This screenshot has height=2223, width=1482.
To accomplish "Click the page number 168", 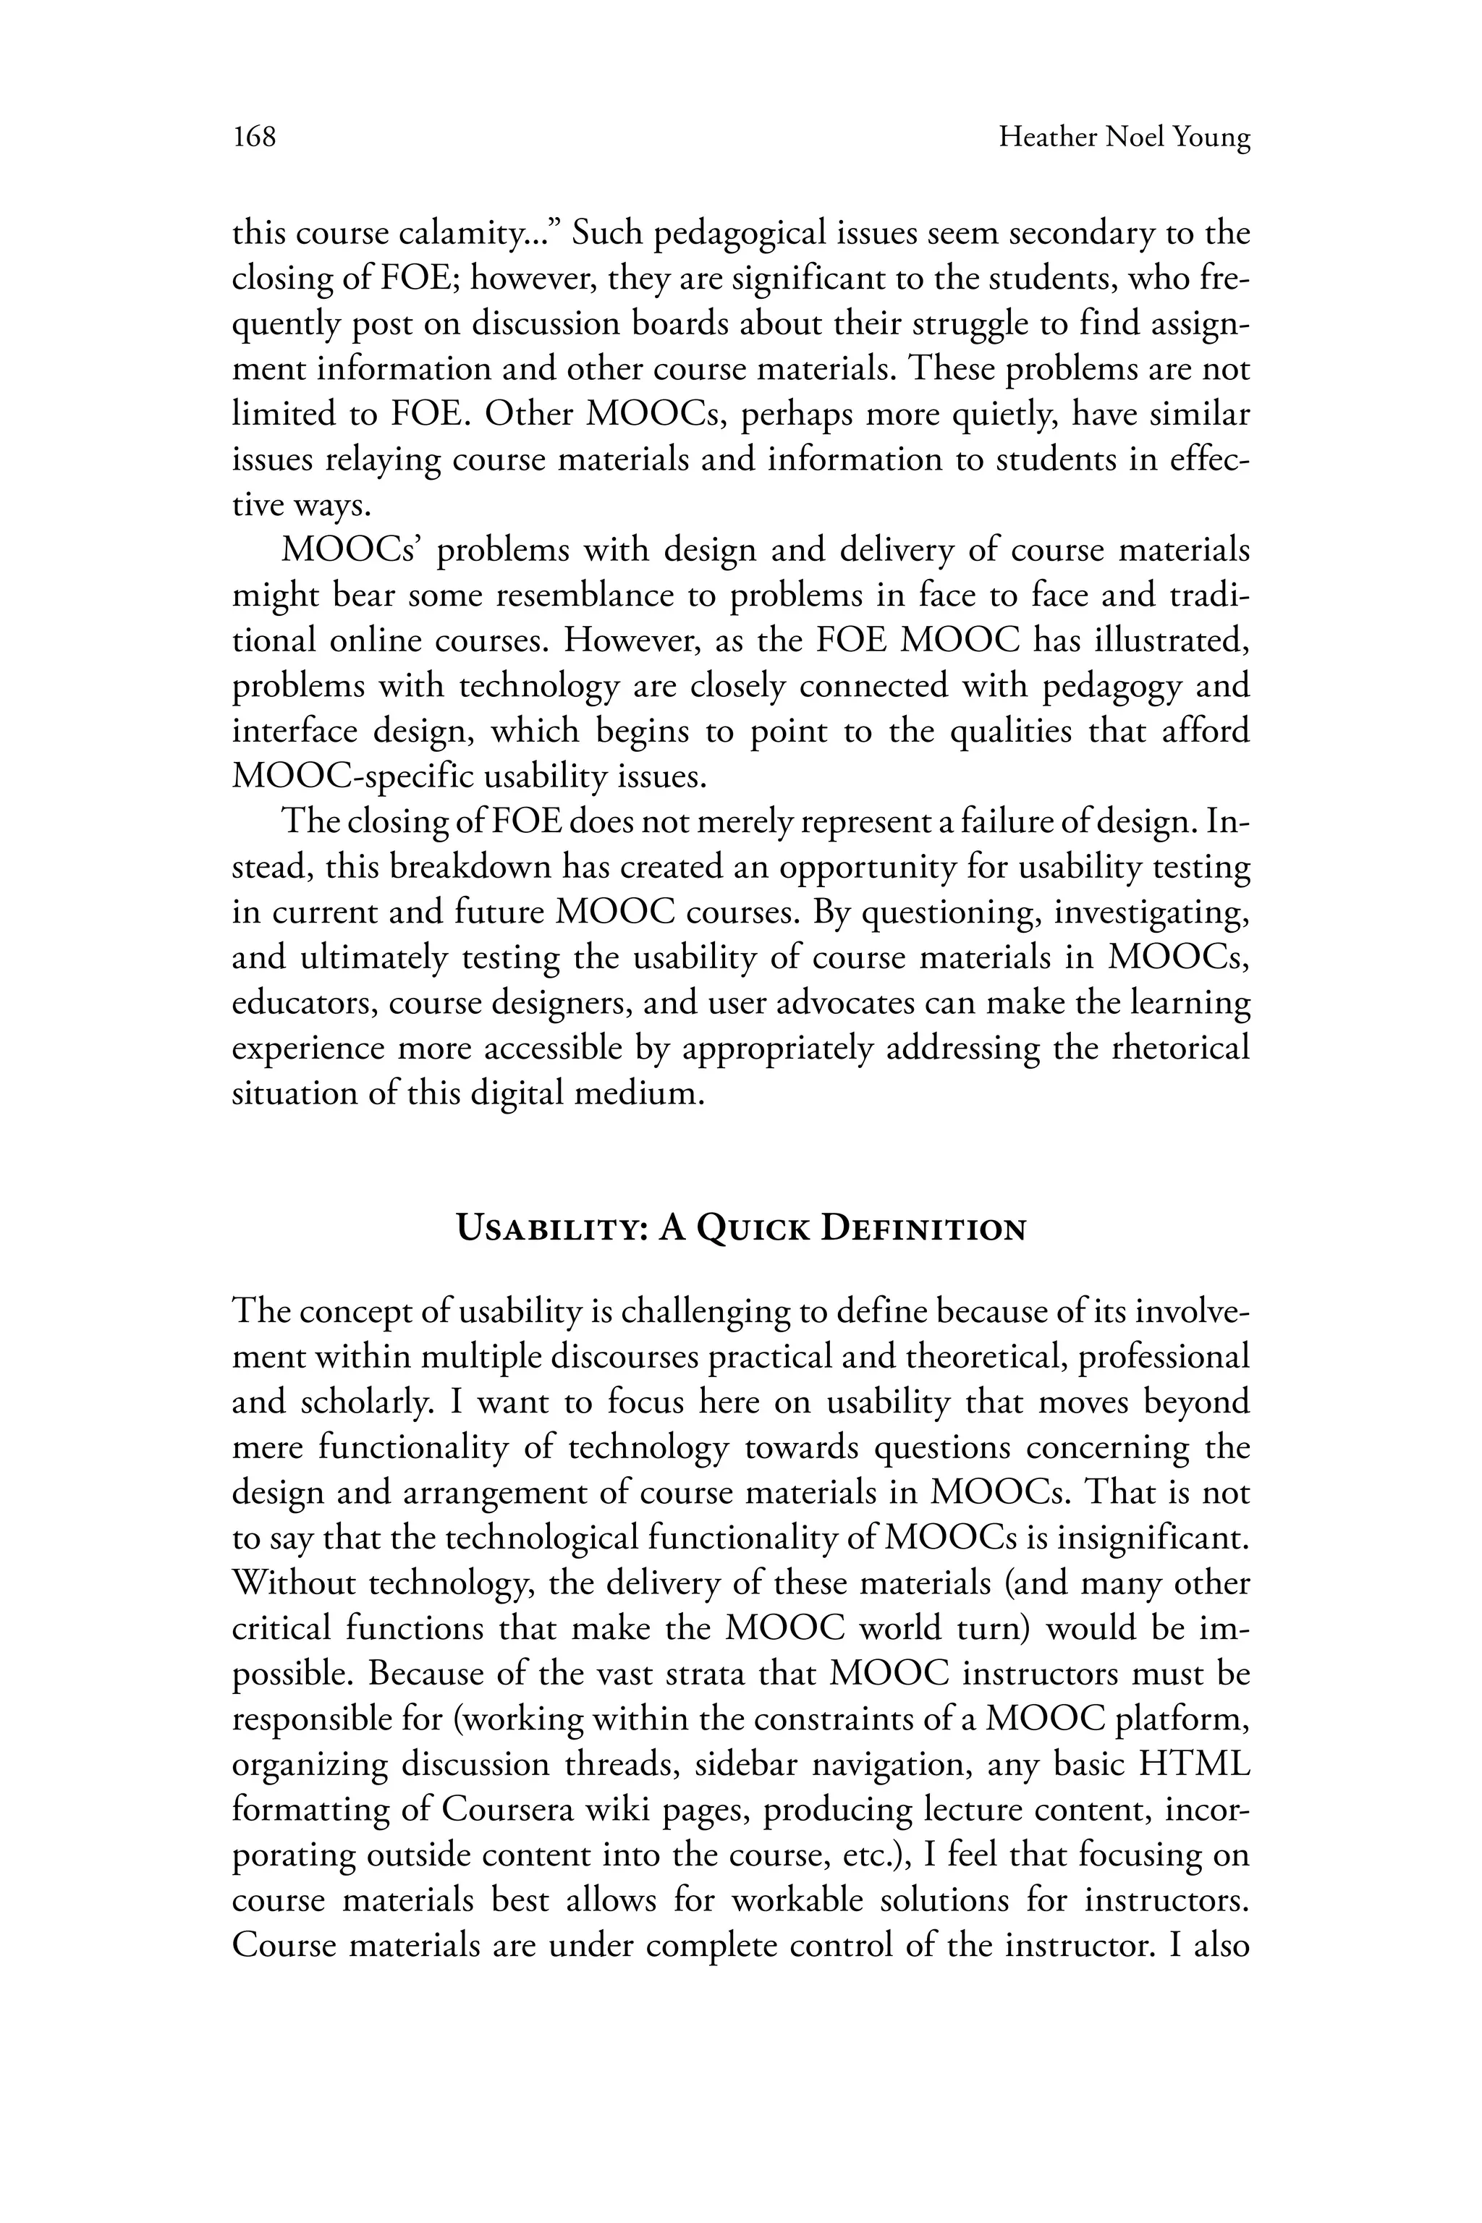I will click(x=254, y=138).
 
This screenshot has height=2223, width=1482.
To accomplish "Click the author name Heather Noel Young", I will click(x=1125, y=138).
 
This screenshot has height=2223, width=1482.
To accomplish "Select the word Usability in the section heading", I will click(x=549, y=1229).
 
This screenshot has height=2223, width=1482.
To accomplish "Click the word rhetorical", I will click(x=1180, y=1048).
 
